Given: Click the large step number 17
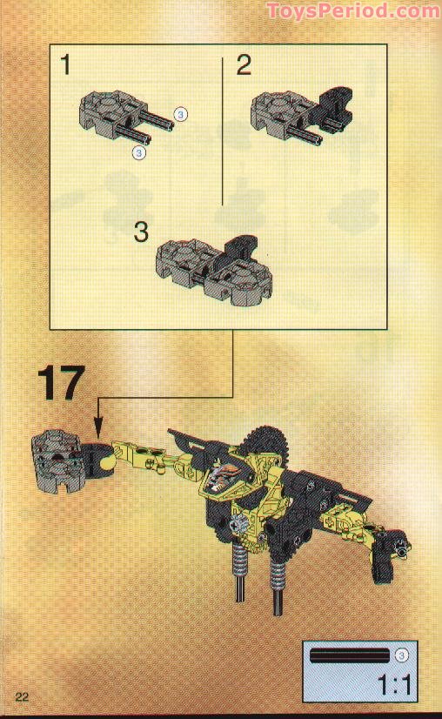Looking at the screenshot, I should click(61, 384).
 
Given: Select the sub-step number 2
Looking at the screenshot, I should click(244, 64).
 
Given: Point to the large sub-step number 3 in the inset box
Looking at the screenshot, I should click(142, 232).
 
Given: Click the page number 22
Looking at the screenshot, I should click(22, 695).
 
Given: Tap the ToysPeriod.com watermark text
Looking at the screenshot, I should click(352, 10).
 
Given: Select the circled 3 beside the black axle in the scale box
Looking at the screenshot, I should click(401, 655).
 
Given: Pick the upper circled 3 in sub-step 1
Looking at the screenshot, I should click(181, 113).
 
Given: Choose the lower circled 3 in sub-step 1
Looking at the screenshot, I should click(138, 153).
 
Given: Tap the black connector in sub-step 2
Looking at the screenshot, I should click(329, 109).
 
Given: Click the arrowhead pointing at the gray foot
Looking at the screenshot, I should click(97, 428).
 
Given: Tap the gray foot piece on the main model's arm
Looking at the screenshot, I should click(54, 461).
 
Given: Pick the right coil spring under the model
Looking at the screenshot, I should click(278, 575).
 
